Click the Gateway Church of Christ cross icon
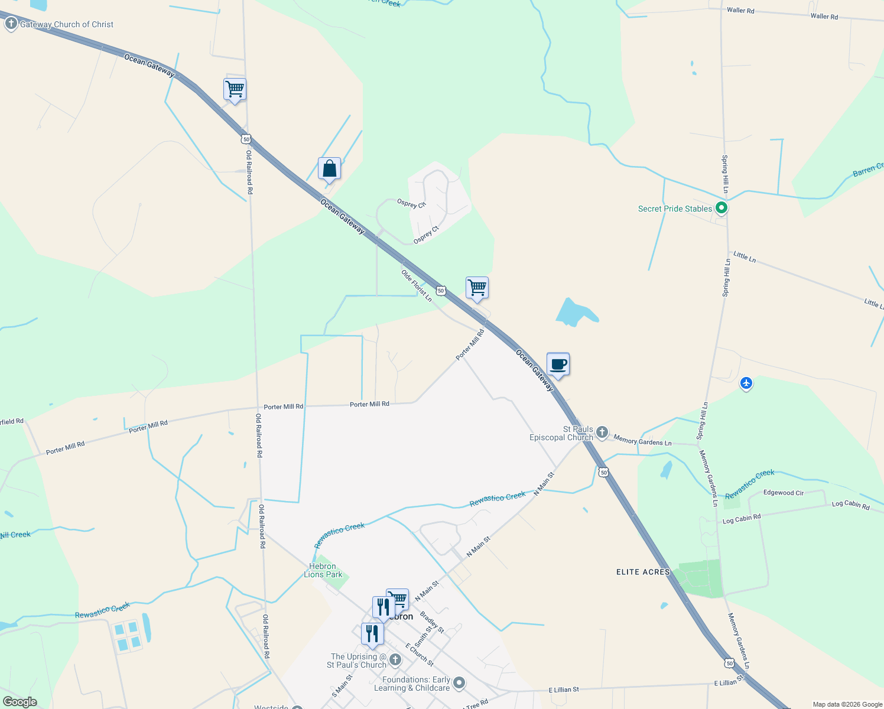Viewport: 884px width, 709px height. [x=11, y=24]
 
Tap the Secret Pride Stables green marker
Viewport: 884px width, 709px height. [x=721, y=208]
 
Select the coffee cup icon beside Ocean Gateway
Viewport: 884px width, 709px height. [x=558, y=365]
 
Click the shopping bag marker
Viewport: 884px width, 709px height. [x=329, y=169]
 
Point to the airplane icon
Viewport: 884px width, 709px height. [x=746, y=383]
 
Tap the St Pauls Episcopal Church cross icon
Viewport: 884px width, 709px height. [x=602, y=433]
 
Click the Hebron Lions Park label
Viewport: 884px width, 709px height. [x=323, y=570]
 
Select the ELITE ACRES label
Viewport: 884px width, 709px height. [x=643, y=572]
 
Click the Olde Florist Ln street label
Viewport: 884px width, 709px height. [x=417, y=286]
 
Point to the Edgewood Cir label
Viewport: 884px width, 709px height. [x=783, y=493]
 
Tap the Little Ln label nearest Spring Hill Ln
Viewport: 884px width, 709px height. [x=745, y=256]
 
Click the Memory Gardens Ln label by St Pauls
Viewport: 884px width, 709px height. [x=642, y=441]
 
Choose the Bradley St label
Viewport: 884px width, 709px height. [x=432, y=623]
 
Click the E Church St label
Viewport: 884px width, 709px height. [x=420, y=654]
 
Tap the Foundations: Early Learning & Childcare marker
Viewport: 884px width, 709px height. [x=459, y=684]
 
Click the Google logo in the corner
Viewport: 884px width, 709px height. [x=19, y=702]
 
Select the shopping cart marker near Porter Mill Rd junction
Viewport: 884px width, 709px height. [x=477, y=288]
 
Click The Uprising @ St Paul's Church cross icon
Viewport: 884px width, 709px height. [x=395, y=660]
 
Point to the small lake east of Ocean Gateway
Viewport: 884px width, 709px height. [x=575, y=313]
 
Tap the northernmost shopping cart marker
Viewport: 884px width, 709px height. [x=235, y=89]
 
